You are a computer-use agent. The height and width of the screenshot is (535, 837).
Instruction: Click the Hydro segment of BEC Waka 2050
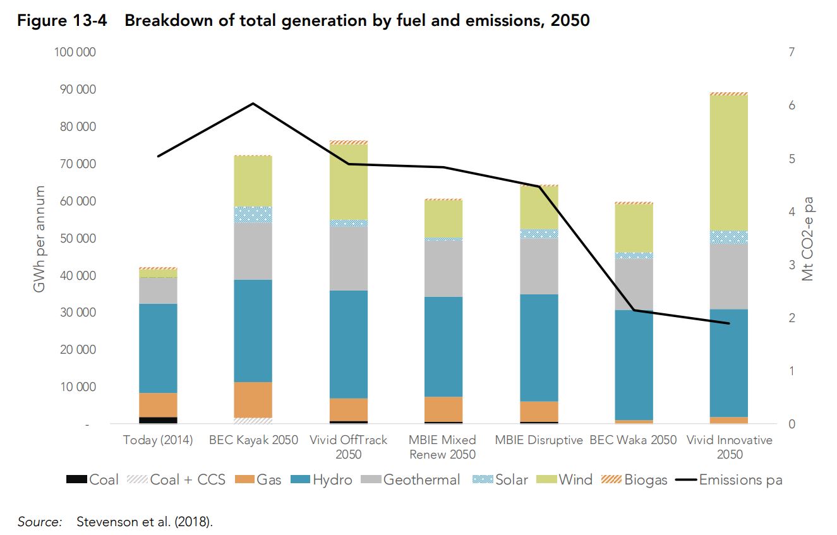click(634, 365)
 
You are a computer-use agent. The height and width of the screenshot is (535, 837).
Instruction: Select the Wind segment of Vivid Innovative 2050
click(729, 163)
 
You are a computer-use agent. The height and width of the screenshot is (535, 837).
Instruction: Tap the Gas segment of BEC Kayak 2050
click(253, 400)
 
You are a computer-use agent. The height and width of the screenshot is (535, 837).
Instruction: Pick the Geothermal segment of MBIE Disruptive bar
click(539, 266)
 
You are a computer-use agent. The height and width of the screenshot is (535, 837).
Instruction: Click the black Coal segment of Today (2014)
click(158, 420)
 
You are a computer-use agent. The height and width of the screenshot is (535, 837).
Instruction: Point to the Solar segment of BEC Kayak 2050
click(253, 215)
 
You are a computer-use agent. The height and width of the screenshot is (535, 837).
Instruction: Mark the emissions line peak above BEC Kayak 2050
click(253, 103)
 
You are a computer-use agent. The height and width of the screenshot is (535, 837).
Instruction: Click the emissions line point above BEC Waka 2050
click(634, 310)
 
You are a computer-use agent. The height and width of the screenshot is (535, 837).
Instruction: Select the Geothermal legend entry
click(411, 480)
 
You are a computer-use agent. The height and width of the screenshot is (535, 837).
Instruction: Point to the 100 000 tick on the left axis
click(75, 52)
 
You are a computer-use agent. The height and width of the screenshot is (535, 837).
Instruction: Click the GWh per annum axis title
click(39, 239)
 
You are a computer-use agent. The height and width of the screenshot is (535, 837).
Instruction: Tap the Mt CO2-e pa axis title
click(808, 239)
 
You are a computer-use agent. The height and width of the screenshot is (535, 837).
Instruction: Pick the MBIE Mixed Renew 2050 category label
click(442, 447)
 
